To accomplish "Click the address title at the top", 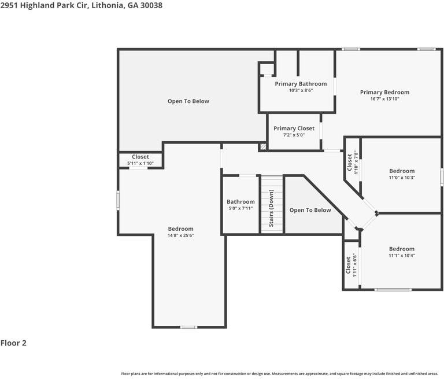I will click(x=81, y=5).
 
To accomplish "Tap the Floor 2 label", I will click(x=13, y=343).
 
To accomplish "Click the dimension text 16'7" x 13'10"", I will click(x=384, y=99).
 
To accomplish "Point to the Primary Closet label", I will click(x=294, y=128).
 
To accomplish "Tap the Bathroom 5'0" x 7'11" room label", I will click(x=240, y=202).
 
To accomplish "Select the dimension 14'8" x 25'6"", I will click(x=181, y=236).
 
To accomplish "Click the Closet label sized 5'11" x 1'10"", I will click(x=140, y=157).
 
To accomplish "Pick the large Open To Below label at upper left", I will click(x=188, y=101).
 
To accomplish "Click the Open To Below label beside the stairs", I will click(x=310, y=210).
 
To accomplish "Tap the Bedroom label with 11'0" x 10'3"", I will click(x=402, y=171).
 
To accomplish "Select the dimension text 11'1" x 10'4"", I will click(x=402, y=255).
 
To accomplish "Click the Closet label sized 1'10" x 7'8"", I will click(x=349, y=162).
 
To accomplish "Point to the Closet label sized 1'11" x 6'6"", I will click(x=348, y=265).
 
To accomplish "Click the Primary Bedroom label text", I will click(x=384, y=92).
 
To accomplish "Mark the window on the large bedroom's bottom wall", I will click(x=188, y=328).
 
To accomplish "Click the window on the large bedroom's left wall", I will click(x=119, y=200).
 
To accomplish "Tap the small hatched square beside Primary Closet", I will click(x=263, y=147).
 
